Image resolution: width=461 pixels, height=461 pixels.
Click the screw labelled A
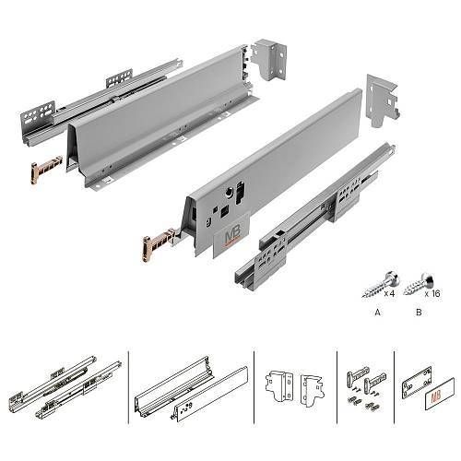tap(381, 284)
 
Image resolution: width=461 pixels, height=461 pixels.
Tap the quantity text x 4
tap(389, 293)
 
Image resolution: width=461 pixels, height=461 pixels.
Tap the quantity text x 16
tap(432, 293)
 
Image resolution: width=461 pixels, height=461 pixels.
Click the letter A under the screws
tap(377, 313)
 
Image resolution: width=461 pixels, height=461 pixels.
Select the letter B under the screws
tap(419, 313)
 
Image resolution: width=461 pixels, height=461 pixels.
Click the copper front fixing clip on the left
tap(46, 168)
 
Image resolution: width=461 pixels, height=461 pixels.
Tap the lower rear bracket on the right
tap(383, 100)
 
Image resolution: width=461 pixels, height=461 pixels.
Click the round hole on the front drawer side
tap(229, 193)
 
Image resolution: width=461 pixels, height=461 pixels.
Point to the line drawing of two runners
tap(65, 387)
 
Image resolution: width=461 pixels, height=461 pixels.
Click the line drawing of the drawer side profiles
tap(191, 389)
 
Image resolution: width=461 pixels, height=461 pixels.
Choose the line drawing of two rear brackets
tap(295, 386)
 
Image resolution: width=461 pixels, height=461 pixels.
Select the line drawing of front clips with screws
tap(366, 388)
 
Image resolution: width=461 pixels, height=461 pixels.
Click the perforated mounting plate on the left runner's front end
tap(38, 117)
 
